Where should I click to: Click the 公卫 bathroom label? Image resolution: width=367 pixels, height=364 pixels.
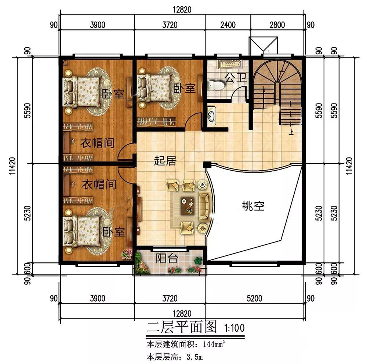[236, 77]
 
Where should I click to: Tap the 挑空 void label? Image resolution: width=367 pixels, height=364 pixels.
[253, 206]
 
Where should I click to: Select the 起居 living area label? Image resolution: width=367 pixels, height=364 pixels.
[165, 161]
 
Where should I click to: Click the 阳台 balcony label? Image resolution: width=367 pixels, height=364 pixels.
[167, 258]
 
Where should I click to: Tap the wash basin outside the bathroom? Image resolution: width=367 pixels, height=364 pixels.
[211, 114]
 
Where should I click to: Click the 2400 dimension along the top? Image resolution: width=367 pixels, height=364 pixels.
[228, 25]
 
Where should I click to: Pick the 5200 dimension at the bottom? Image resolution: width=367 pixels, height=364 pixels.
[254, 298]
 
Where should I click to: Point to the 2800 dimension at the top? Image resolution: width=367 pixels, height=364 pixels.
[277, 25]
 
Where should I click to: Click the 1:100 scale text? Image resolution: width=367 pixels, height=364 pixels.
[234, 328]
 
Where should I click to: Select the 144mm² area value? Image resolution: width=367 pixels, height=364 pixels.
[214, 344]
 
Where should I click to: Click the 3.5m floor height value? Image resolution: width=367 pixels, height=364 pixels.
[195, 357]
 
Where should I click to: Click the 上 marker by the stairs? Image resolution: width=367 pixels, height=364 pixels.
[291, 132]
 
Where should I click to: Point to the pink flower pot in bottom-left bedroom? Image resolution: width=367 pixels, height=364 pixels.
[127, 254]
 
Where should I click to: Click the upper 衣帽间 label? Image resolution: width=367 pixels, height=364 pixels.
[97, 143]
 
